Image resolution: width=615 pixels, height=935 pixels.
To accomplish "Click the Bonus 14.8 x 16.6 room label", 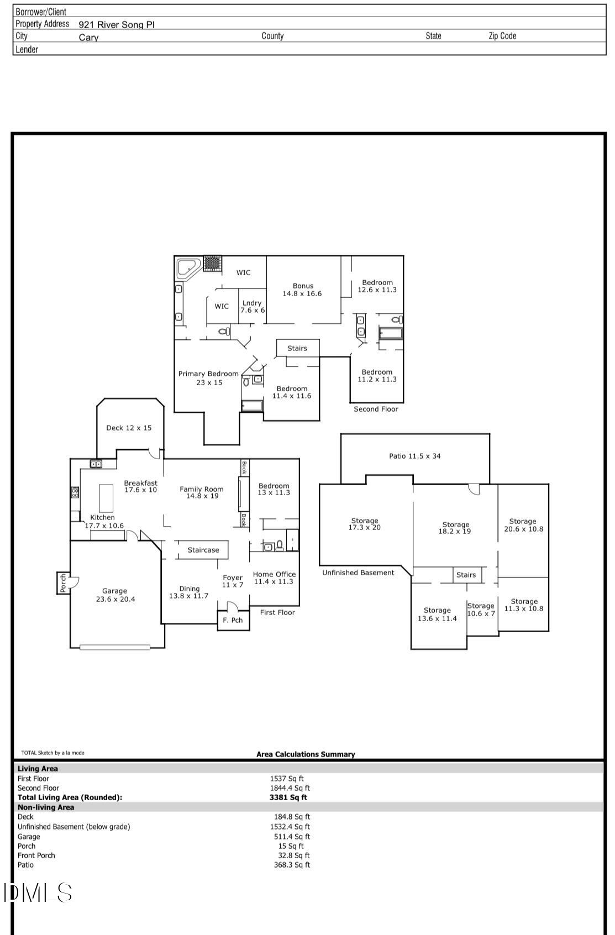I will [302, 290].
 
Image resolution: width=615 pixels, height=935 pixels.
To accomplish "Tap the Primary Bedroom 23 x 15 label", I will [208, 378].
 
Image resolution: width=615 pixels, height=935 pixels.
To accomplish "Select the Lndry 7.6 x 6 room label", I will [252, 307].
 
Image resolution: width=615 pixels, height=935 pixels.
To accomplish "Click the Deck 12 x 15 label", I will [129, 428].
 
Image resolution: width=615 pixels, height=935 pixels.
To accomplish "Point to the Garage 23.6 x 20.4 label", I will [114, 595].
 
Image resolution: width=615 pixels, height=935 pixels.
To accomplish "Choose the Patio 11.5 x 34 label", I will [414, 456].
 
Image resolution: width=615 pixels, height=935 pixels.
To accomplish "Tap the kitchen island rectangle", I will [106, 498].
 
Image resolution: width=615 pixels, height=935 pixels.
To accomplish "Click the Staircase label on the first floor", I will [203, 550].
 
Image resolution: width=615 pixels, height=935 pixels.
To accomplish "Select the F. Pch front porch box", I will [233, 620].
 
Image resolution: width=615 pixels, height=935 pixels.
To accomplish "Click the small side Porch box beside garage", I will [63, 583].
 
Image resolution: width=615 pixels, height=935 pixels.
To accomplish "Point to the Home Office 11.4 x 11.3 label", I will [274, 578].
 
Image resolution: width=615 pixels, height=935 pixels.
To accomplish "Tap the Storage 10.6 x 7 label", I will [481, 610].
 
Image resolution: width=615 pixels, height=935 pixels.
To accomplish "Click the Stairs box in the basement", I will [466, 575].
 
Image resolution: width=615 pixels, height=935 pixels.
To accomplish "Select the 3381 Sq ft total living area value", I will [288, 797].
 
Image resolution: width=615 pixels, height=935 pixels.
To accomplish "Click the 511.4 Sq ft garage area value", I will [292, 837].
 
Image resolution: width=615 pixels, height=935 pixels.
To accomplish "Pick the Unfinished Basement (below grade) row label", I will [74, 827].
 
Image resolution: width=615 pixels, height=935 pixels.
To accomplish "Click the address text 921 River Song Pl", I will [117, 24].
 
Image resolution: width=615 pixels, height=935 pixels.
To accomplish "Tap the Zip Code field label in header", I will [502, 36].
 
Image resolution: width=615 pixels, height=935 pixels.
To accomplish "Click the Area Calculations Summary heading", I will [306, 754].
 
